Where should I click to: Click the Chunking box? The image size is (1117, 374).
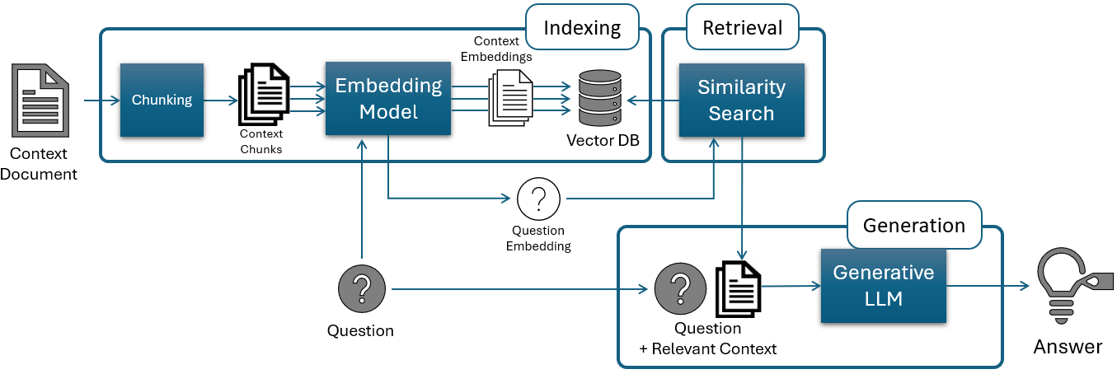tap(162, 100)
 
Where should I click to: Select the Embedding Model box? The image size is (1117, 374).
tap(388, 98)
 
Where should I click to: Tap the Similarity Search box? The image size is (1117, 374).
tap(741, 100)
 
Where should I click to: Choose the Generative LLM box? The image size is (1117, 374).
tap(883, 285)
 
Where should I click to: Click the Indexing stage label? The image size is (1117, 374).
tap(582, 28)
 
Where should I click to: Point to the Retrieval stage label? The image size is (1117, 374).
tap(742, 28)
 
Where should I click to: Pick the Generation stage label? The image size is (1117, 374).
tap(913, 226)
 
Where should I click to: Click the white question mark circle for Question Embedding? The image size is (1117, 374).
tap(538, 199)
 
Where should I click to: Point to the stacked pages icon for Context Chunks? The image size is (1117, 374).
tap(263, 95)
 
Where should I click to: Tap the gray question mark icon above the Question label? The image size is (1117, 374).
tap(360, 289)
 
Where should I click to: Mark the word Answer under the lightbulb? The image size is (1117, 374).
tap(1068, 347)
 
